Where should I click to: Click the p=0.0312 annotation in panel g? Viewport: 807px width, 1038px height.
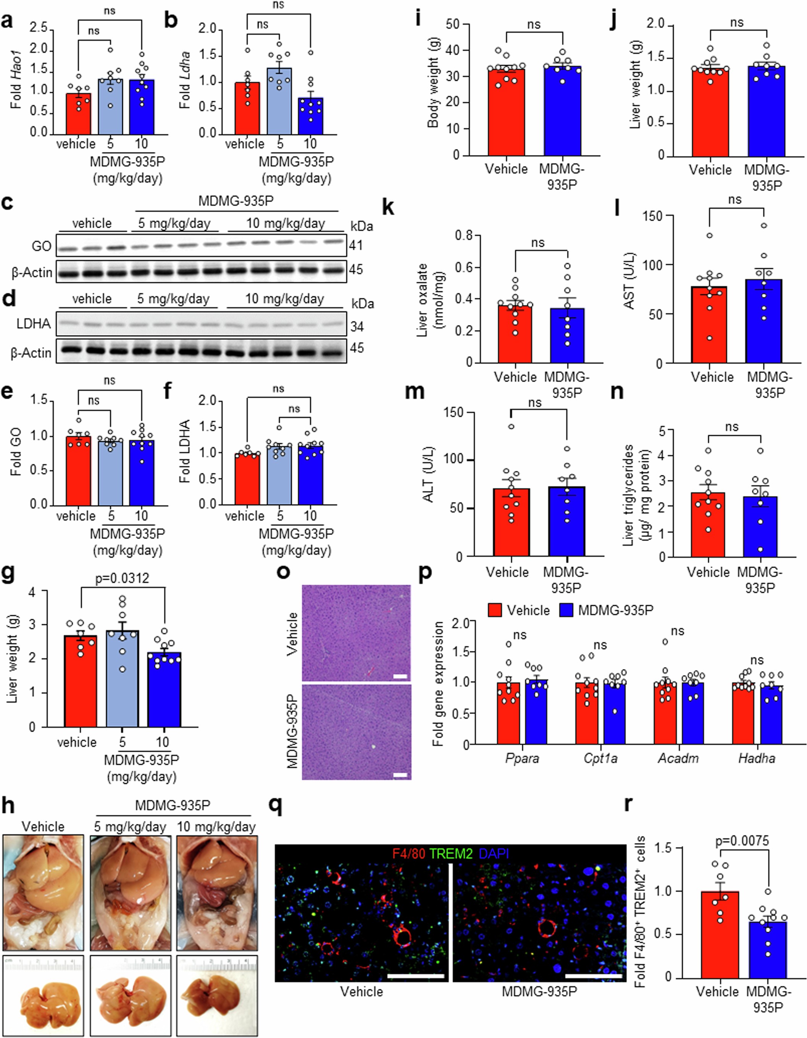122,578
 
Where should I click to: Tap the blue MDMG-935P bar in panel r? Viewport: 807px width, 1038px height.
768,951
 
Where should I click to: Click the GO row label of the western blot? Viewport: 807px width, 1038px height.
41,246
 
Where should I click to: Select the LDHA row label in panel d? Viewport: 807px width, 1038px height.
34,324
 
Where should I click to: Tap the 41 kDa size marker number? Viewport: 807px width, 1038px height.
356,245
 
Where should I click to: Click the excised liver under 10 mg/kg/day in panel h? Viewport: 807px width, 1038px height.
216,993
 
